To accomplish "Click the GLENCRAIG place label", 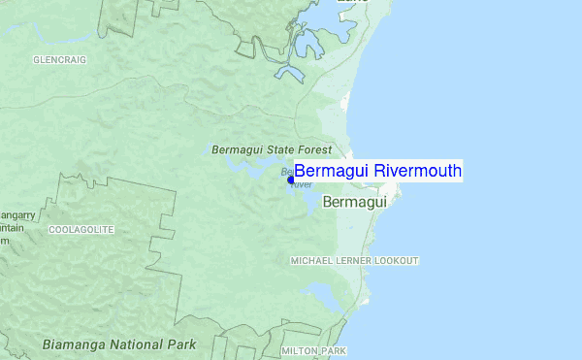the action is click(x=59, y=59).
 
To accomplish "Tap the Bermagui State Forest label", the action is click(x=272, y=150).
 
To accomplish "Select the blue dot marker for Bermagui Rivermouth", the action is click(x=291, y=179).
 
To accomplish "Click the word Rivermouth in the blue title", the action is click(x=418, y=171).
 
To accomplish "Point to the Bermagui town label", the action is click(x=354, y=203).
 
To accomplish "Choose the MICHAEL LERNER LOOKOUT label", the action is click(x=355, y=261).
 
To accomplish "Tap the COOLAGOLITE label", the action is click(x=81, y=230).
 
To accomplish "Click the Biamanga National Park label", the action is click(x=119, y=344).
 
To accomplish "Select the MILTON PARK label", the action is click(x=313, y=350).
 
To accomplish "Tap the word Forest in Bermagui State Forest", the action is click(x=315, y=150).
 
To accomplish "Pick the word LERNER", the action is click(x=353, y=261).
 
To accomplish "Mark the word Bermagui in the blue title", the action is click(x=332, y=171).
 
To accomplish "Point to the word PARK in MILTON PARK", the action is click(x=334, y=350).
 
